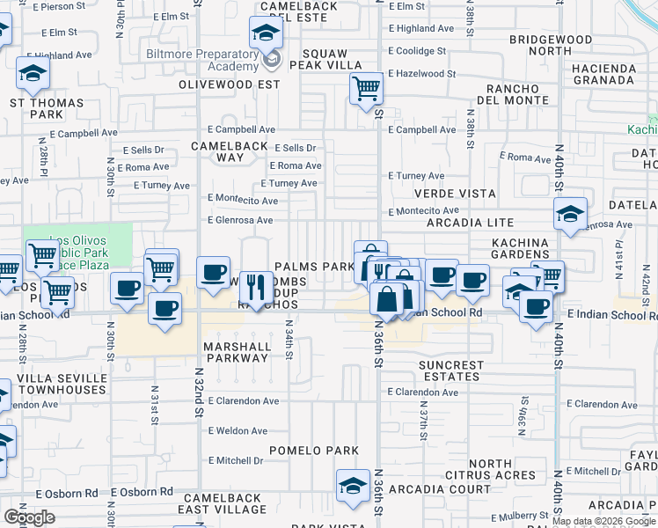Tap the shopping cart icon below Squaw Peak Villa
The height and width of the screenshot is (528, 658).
pyautogui.click(x=365, y=88)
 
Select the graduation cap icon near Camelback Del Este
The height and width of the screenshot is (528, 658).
pyautogui.click(x=265, y=34)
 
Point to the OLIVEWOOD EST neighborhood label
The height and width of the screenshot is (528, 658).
pyautogui.click(x=229, y=84)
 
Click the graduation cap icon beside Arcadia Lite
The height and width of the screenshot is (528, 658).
pyautogui.click(x=570, y=214)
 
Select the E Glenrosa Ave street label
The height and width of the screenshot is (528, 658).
pyautogui.click(x=239, y=220)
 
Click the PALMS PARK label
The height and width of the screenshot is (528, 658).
pyautogui.click(x=314, y=267)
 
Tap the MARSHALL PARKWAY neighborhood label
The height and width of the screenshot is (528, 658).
pyautogui.click(x=237, y=352)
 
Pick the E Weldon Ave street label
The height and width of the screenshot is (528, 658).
pyautogui.click(x=238, y=430)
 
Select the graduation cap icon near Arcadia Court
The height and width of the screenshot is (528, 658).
pyautogui.click(x=352, y=485)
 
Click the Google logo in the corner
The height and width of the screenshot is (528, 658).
pyautogui.click(x=29, y=517)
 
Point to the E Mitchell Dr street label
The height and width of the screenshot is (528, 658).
pyautogui.click(x=230, y=460)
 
